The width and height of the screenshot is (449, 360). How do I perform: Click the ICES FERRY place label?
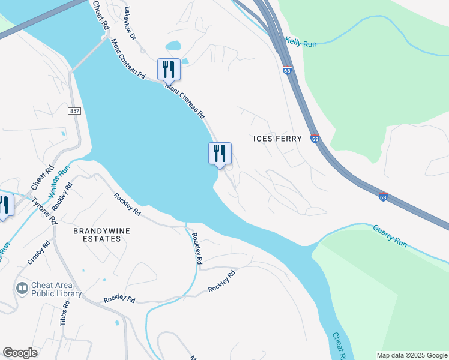[x=277, y=139]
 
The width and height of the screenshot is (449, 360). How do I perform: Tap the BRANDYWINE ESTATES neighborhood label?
[x=97, y=234]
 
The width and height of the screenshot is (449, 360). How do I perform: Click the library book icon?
[x=22, y=289]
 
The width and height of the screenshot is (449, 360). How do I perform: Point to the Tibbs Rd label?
[x=65, y=313]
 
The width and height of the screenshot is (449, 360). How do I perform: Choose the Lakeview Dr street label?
[x=131, y=23]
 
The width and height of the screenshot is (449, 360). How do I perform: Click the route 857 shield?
[x=74, y=112]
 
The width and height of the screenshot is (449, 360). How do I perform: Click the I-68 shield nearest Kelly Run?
[x=287, y=70]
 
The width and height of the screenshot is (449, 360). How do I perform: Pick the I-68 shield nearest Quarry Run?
[x=383, y=196]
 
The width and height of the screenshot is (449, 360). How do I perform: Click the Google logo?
[x=20, y=353]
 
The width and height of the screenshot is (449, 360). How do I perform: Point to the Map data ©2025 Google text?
[x=411, y=355]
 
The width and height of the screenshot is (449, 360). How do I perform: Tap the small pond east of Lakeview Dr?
[x=173, y=46]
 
